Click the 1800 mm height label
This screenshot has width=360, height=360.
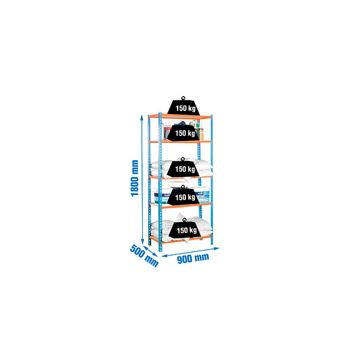[x=135, y=178]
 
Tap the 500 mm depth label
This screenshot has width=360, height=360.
[x=144, y=256]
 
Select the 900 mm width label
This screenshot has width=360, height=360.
[x=193, y=258]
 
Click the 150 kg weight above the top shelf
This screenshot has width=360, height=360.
[x=184, y=107]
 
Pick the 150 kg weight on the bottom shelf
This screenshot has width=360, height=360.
[x=185, y=230]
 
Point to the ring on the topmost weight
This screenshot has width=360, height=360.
[x=183, y=98]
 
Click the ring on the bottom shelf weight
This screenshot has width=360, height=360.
[x=185, y=220]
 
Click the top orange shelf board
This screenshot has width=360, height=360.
[x=180, y=116]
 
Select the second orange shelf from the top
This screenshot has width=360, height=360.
[x=180, y=142]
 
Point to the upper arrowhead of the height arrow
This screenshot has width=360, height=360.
[x=142, y=117]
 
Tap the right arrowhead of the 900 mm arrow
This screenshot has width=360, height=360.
[x=217, y=248]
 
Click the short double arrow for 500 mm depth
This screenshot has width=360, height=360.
[x=151, y=251]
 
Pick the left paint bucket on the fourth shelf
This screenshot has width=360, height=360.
[x=161, y=196]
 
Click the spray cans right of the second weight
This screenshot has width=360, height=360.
[x=200, y=131]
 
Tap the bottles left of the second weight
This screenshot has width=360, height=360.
[x=166, y=131]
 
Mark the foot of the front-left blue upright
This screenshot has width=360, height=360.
[x=160, y=250]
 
